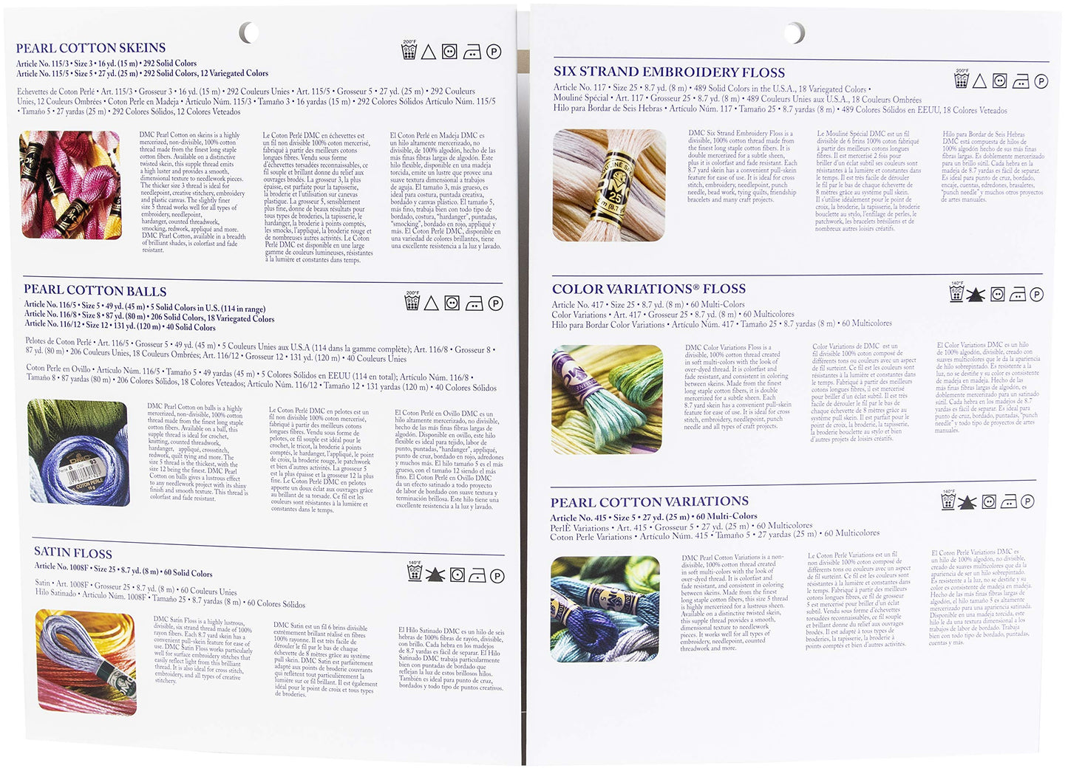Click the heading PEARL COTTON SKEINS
[91, 48]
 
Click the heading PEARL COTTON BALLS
[95, 290]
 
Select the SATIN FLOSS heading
[73, 552]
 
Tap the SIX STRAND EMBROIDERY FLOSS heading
[669, 72]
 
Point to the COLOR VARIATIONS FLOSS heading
[648, 289]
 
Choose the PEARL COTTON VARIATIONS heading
[649, 502]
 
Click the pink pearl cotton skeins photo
[70, 185]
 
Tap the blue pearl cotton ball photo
[78, 452]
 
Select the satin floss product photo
[86, 661]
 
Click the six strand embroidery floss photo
[608, 185]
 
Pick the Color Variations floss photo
[607, 399]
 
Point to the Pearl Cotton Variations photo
[605, 609]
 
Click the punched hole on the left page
[249, 32]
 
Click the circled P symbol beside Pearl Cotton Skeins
[494, 52]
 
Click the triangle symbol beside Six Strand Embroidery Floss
[979, 81]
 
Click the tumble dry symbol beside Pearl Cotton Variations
[988, 502]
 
